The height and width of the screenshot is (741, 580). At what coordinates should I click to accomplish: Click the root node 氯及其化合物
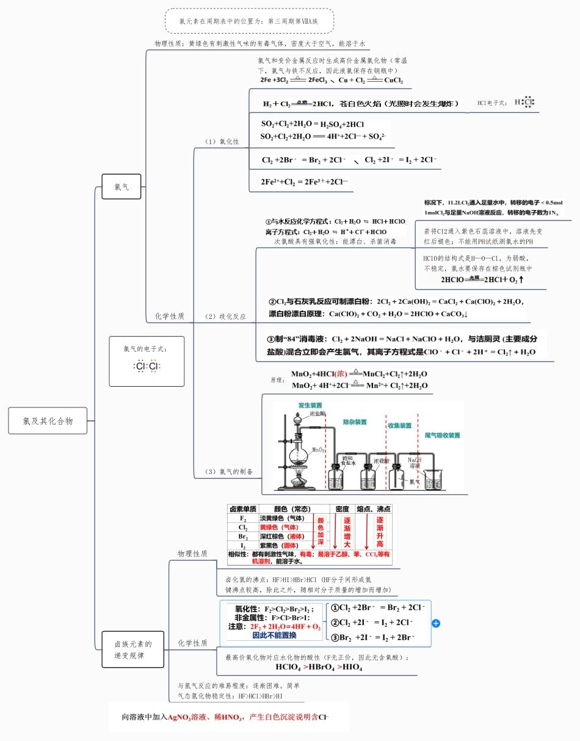[48, 421]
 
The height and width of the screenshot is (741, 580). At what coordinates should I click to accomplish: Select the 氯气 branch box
[121, 187]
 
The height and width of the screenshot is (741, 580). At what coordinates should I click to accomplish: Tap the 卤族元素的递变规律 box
[132, 649]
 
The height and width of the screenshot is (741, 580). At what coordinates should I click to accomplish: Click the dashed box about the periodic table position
[249, 21]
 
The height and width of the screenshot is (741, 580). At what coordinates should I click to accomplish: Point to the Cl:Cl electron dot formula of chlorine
[147, 367]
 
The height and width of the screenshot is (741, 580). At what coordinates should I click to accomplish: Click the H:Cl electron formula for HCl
[524, 103]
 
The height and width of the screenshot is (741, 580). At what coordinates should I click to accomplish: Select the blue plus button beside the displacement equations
[436, 623]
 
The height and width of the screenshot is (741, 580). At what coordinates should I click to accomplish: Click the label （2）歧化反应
[225, 316]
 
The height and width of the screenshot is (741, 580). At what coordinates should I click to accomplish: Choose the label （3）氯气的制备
[228, 472]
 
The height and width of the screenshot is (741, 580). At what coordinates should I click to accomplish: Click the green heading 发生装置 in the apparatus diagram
[310, 406]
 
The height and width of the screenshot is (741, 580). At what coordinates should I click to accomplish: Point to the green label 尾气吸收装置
[442, 436]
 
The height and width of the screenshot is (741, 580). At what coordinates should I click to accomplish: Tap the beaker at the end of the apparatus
[433, 480]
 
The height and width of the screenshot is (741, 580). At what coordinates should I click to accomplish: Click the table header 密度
[342, 509]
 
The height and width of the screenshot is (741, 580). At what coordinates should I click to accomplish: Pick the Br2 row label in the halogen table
[242, 536]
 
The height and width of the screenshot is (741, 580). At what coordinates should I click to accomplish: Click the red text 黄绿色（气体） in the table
[281, 527]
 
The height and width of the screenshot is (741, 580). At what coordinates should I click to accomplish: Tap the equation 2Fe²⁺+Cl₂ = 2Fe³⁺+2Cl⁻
[304, 181]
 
